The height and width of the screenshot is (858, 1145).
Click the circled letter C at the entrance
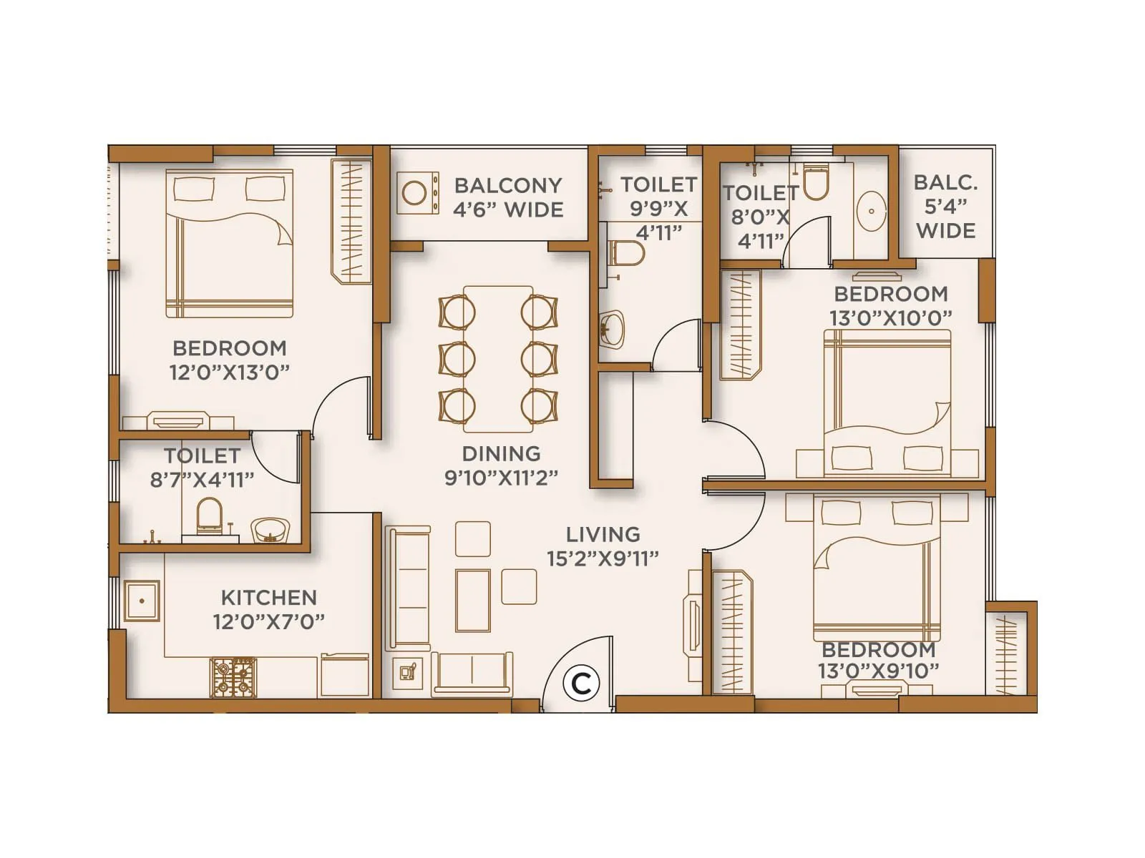click(x=580, y=684)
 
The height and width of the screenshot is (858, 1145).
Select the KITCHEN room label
click(x=268, y=598)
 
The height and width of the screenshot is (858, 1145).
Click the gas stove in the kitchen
click(x=233, y=678)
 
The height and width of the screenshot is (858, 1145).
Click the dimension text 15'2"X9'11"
click(x=603, y=559)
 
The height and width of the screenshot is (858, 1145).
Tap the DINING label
click(x=501, y=454)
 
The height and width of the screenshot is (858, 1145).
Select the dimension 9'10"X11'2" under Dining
click(x=501, y=478)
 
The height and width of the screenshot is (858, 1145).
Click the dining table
click(x=498, y=358)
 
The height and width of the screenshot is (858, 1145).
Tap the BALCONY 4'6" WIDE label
click(x=508, y=197)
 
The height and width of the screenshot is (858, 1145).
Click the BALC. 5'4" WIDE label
click(x=945, y=207)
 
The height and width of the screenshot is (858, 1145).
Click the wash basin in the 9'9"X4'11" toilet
click(x=611, y=330)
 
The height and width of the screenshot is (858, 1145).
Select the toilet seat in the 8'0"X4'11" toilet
click(x=815, y=182)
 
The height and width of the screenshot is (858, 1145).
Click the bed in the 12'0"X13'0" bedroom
click(x=229, y=243)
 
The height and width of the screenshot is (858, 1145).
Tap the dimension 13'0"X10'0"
click(x=890, y=317)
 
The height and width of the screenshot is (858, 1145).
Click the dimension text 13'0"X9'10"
click(x=878, y=671)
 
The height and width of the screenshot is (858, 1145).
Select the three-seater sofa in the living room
click(x=408, y=588)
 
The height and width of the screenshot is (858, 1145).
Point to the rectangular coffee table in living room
click(x=473, y=600)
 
